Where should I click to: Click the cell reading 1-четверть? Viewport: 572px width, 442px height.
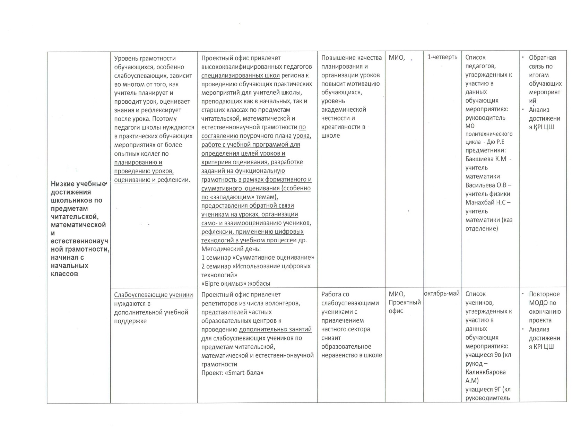click(442, 57)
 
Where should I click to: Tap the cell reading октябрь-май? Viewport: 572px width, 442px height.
click(442, 294)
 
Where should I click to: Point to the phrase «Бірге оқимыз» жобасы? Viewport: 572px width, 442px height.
click(235, 284)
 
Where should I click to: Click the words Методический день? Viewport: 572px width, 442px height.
click(231, 249)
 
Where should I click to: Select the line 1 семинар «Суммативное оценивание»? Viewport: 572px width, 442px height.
click(258, 258)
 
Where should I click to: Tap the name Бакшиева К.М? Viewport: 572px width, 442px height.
click(486, 159)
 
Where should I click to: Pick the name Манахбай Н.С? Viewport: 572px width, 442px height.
click(486, 202)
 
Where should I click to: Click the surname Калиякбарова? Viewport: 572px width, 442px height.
click(485, 372)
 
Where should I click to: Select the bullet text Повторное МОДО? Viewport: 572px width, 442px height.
click(544, 298)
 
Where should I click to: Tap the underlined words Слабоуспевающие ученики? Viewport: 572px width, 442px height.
click(154, 295)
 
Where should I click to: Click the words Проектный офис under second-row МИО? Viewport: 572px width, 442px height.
click(404, 306)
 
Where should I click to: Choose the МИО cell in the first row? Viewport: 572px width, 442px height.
click(397, 58)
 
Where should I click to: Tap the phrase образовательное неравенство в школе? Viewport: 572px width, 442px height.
click(352, 351)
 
